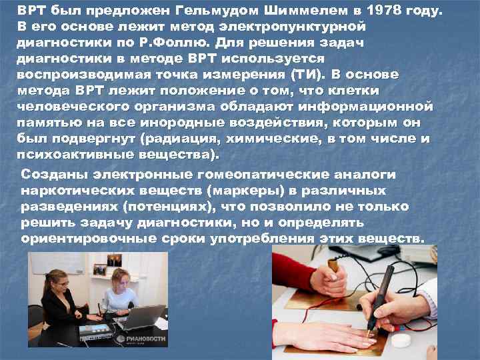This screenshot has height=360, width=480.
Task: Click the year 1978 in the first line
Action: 397,11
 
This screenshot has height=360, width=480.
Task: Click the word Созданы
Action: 53,174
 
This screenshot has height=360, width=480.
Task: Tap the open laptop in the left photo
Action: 143,317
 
